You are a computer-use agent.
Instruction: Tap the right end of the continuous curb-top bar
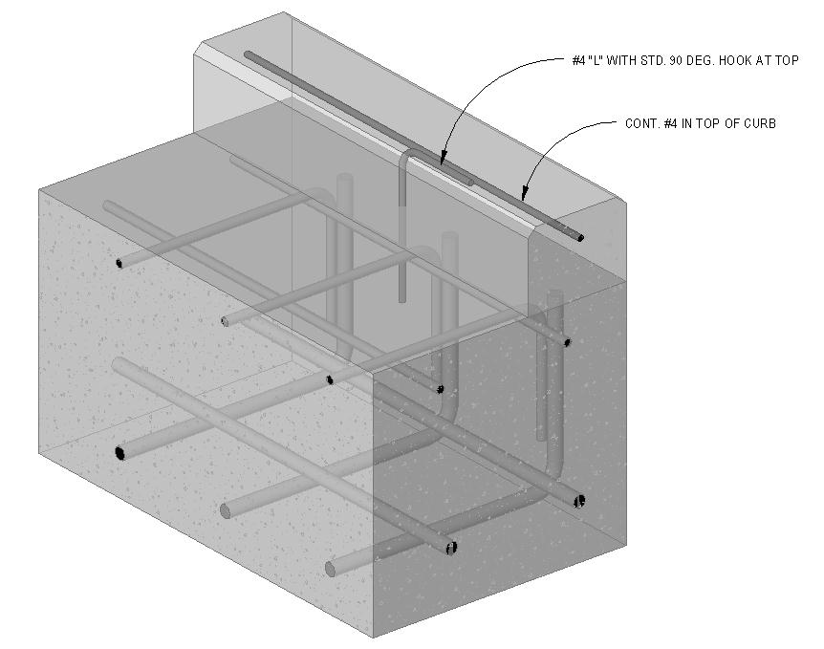point(579,236)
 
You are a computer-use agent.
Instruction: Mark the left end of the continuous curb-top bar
point(248,55)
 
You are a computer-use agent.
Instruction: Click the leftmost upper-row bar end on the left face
point(119,262)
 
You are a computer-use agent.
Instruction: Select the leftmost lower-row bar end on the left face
point(121,452)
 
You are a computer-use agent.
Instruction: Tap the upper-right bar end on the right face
point(567,342)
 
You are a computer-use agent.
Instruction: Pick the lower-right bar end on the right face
point(580,500)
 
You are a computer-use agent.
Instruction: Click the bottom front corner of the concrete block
point(374,636)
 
